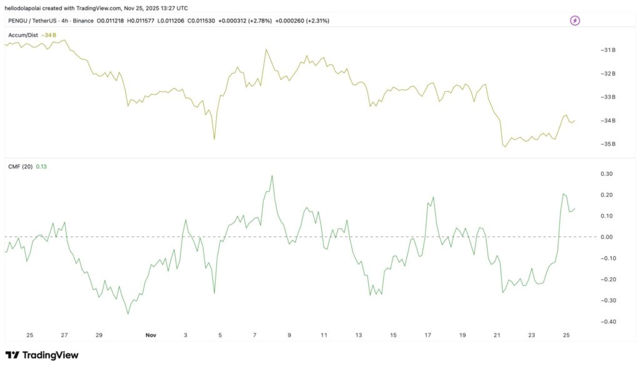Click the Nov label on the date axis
(x=151, y=335)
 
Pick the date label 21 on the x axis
(x=497, y=335)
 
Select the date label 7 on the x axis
(x=254, y=335)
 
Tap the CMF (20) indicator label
(x=21, y=166)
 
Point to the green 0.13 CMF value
(x=42, y=166)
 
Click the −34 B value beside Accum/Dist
(x=49, y=35)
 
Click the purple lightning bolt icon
(x=575, y=21)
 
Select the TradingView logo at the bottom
(x=42, y=355)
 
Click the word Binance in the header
(x=83, y=21)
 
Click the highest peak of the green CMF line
(x=272, y=176)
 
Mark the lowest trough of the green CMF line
(x=129, y=314)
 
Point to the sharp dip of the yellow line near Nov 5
(x=214, y=139)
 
